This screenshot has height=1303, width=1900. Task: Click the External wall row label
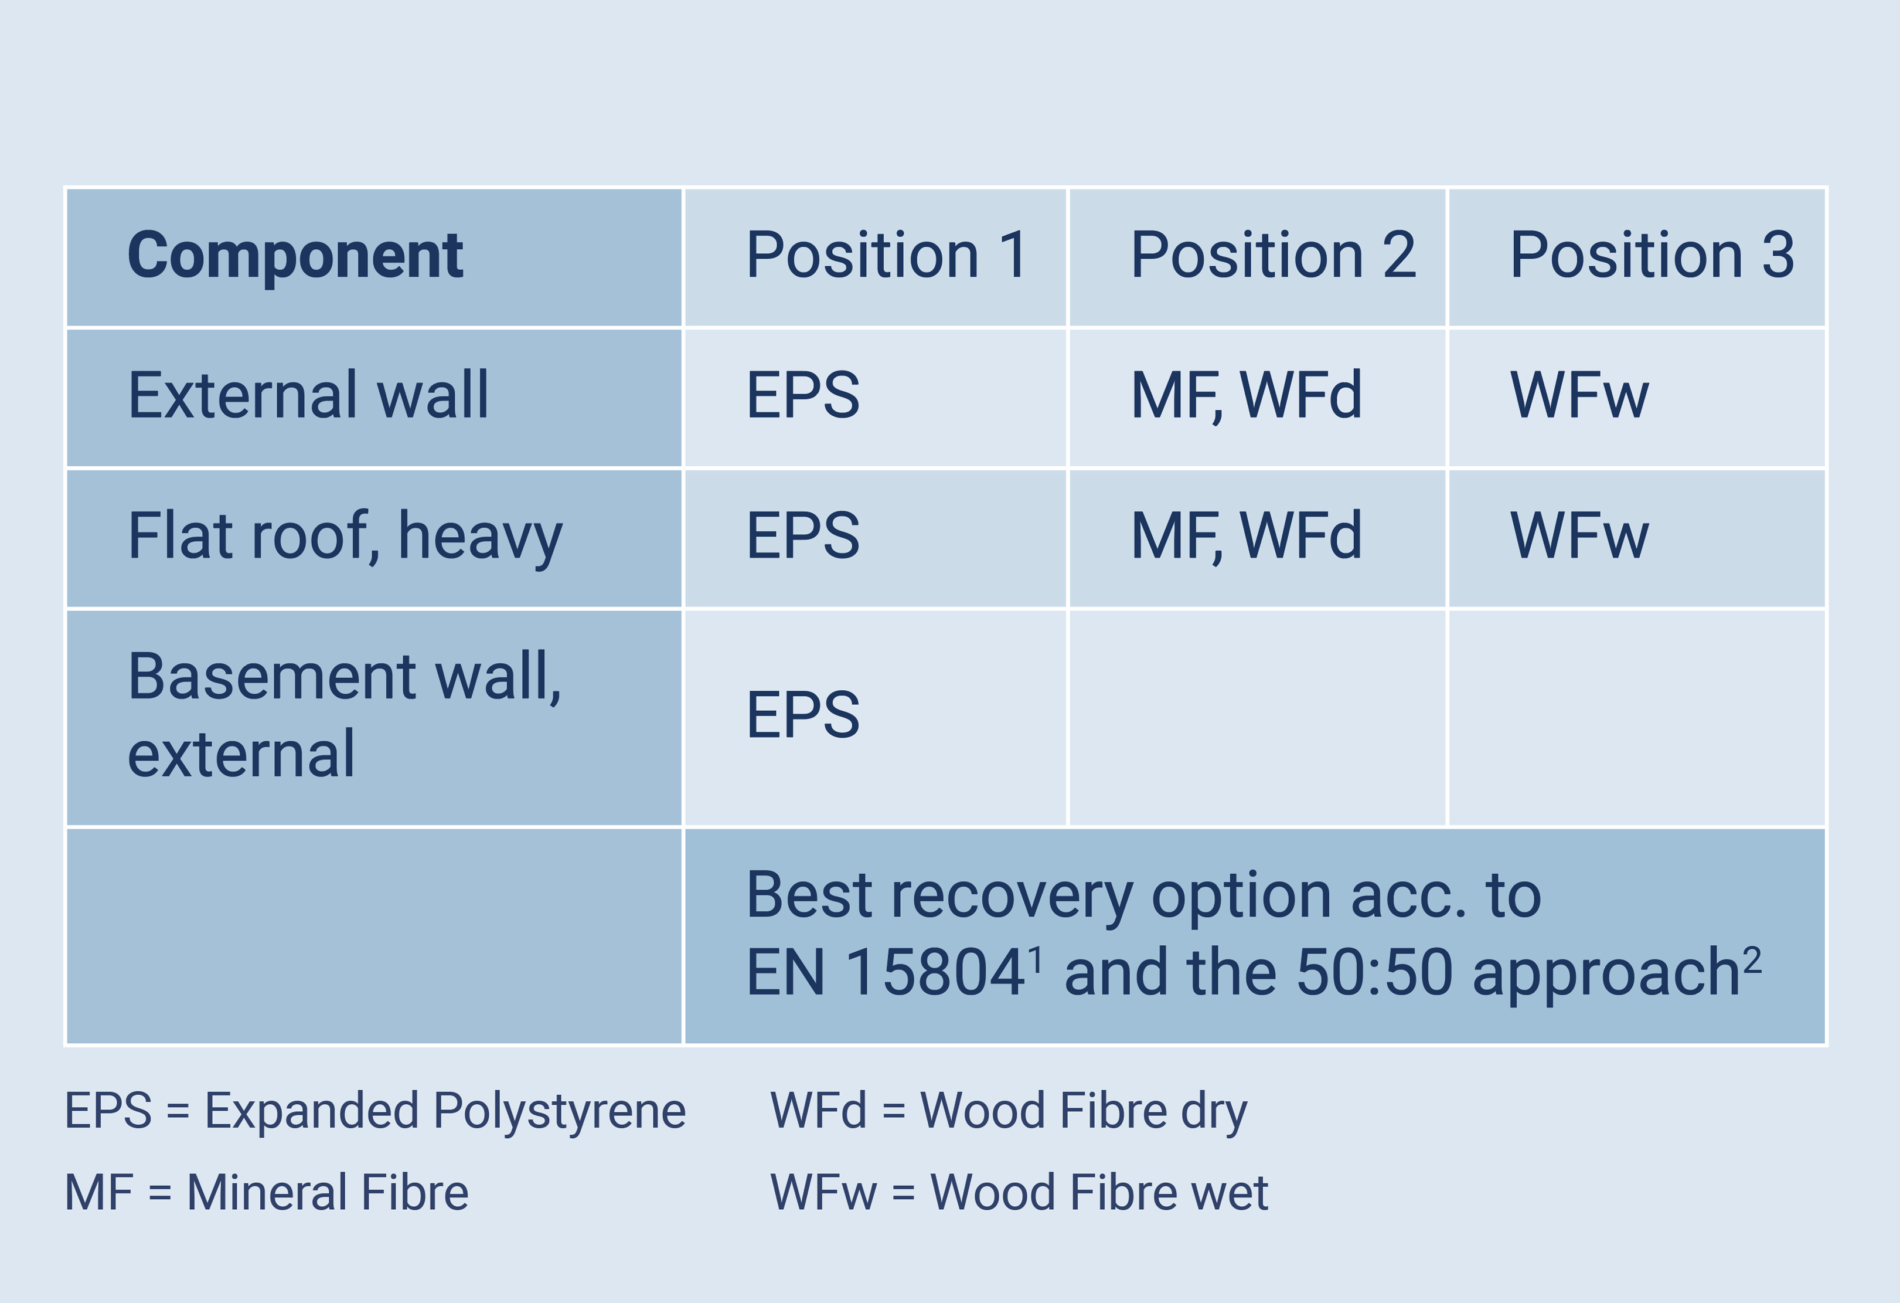pos(308,395)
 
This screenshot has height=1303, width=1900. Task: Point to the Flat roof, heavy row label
pos(345,537)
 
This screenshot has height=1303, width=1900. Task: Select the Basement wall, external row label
pos(344,715)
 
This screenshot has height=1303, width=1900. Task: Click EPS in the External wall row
pos(803,395)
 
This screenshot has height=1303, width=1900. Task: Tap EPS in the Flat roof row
pos(803,536)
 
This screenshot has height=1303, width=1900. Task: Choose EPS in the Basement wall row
pos(803,715)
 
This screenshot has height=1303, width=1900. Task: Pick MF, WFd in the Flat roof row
pos(1246,537)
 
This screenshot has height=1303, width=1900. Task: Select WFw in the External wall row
pos(1579,395)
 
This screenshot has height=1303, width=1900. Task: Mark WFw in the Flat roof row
pos(1579,536)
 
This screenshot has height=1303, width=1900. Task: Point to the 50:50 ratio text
pos(1374,972)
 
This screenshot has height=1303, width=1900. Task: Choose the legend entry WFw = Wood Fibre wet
pos(1019,1192)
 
